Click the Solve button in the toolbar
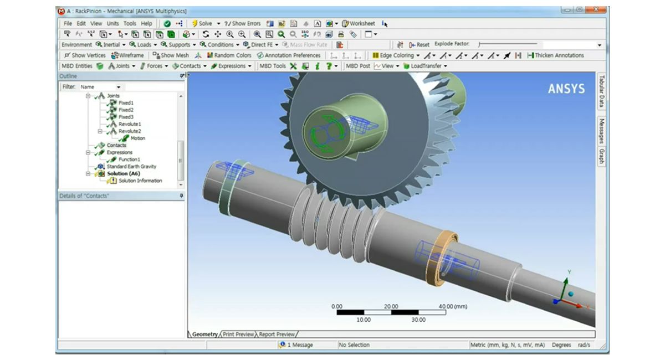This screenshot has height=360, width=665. (x=202, y=24)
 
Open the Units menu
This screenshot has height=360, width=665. (x=113, y=24)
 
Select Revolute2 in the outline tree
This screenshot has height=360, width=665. (x=129, y=131)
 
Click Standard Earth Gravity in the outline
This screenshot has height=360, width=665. (x=131, y=166)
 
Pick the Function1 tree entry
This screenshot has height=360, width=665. (x=129, y=160)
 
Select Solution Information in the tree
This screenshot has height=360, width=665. (x=140, y=181)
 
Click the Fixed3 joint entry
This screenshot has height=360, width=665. (x=126, y=117)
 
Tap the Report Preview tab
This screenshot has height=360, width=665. (x=277, y=335)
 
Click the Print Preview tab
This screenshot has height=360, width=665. (x=238, y=335)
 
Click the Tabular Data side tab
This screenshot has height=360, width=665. (x=602, y=92)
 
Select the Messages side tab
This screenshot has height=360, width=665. (x=602, y=131)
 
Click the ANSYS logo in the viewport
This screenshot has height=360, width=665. (x=566, y=89)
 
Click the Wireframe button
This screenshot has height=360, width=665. (x=127, y=55)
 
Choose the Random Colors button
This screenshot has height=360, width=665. (x=229, y=55)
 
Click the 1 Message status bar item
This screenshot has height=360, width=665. (x=298, y=345)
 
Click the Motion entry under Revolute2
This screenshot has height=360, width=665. (x=137, y=138)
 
